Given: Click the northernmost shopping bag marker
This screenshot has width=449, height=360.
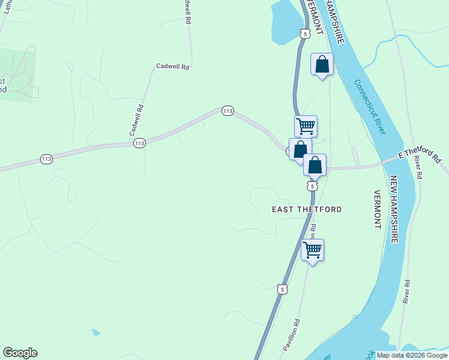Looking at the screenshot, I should point(322,64).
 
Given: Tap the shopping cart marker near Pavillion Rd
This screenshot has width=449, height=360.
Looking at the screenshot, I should point(312,250).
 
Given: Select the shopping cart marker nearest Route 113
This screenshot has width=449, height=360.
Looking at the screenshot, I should point(306,127).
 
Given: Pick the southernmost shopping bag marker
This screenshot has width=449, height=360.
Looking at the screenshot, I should point(315,165).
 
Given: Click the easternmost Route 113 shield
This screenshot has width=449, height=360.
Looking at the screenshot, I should point(227,111).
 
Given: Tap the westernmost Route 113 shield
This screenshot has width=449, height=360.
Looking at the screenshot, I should point(47,159).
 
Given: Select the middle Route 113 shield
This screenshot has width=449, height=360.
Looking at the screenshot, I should point(139,143).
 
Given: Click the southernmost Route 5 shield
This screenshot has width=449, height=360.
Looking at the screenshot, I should point(282,289).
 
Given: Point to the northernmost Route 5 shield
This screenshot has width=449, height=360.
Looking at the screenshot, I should point(306,34).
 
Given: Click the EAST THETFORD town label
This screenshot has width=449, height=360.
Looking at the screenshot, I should point(307,209).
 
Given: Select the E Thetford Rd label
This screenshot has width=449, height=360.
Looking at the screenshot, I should point(420,157).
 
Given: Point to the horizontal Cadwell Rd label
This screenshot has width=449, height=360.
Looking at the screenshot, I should point(172,67).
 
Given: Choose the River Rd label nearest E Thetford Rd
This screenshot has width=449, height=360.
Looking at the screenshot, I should point(418,167).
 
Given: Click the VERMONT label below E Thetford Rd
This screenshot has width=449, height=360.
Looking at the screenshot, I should point(377,209).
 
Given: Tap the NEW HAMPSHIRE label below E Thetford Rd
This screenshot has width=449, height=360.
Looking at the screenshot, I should point(394,209).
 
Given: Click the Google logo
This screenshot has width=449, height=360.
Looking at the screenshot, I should point(20,353).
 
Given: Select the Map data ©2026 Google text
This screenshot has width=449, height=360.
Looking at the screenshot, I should point(412,355).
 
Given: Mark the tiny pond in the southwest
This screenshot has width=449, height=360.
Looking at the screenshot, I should point(96,332).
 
